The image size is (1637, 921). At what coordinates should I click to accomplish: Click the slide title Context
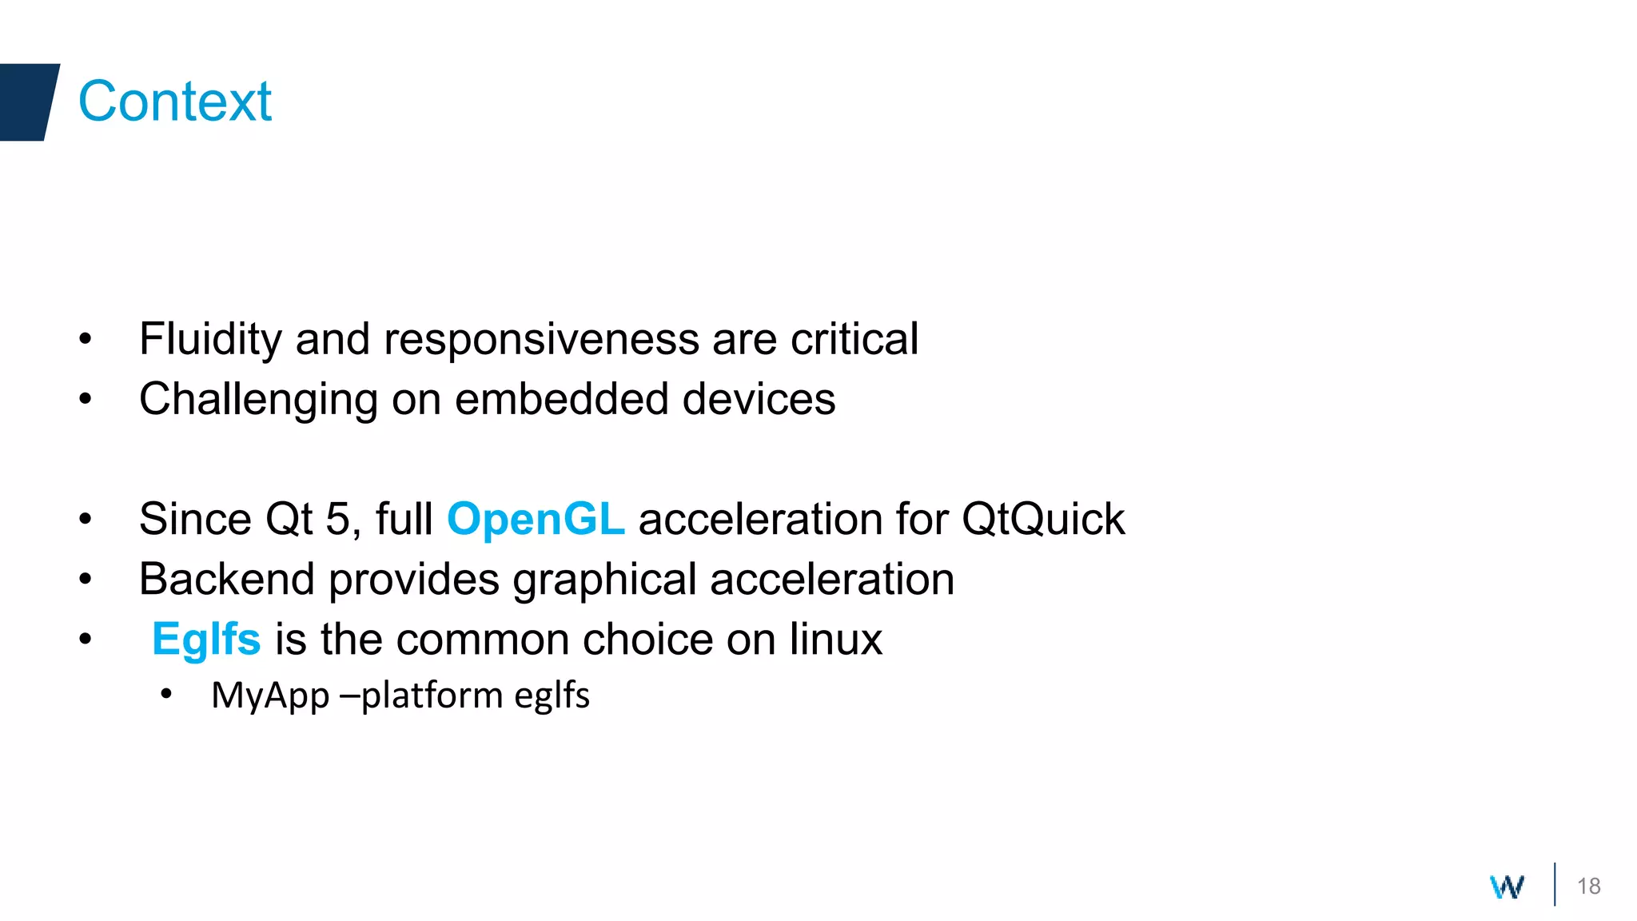(x=174, y=102)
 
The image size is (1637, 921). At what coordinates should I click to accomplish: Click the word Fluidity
(x=210, y=339)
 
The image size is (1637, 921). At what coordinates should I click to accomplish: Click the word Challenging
(x=258, y=399)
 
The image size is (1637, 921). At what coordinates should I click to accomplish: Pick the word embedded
(x=562, y=399)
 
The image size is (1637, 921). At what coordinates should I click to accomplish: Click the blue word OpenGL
(x=536, y=519)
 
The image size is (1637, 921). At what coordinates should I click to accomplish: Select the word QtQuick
(x=1043, y=519)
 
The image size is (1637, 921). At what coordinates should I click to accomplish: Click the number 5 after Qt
(x=337, y=519)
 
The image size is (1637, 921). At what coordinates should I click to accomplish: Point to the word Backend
(x=227, y=579)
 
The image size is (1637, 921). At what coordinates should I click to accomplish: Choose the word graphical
(x=604, y=579)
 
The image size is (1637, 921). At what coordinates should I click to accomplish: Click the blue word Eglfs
(x=206, y=639)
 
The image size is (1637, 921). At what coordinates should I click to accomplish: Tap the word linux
(x=836, y=639)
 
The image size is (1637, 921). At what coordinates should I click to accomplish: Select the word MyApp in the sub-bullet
(x=270, y=696)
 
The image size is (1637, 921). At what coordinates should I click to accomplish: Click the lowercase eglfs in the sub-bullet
(x=552, y=696)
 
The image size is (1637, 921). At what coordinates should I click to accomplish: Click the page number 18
(x=1588, y=886)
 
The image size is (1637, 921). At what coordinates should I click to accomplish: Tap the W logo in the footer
(x=1507, y=887)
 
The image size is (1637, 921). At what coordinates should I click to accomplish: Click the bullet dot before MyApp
(x=166, y=694)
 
